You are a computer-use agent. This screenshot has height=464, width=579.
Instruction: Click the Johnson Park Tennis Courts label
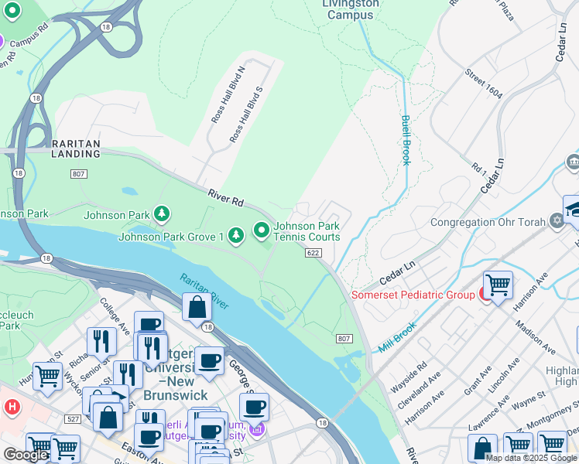306,230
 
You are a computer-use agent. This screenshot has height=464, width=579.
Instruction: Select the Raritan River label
204,290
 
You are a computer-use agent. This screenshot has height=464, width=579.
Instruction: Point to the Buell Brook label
406,140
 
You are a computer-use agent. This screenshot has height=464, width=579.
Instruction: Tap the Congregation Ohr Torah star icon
556,222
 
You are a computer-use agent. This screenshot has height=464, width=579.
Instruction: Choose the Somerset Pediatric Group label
413,295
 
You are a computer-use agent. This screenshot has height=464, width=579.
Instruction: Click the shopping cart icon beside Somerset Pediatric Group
498,285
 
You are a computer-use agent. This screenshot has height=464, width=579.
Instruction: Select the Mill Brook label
398,337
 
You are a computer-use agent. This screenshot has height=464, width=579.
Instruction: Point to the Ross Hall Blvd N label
228,94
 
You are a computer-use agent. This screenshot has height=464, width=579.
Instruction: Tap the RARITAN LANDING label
76,148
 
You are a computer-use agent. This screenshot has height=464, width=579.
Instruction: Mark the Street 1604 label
483,84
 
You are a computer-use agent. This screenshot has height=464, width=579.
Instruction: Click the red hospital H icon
11,406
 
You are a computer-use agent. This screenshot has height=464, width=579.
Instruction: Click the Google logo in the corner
26,455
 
